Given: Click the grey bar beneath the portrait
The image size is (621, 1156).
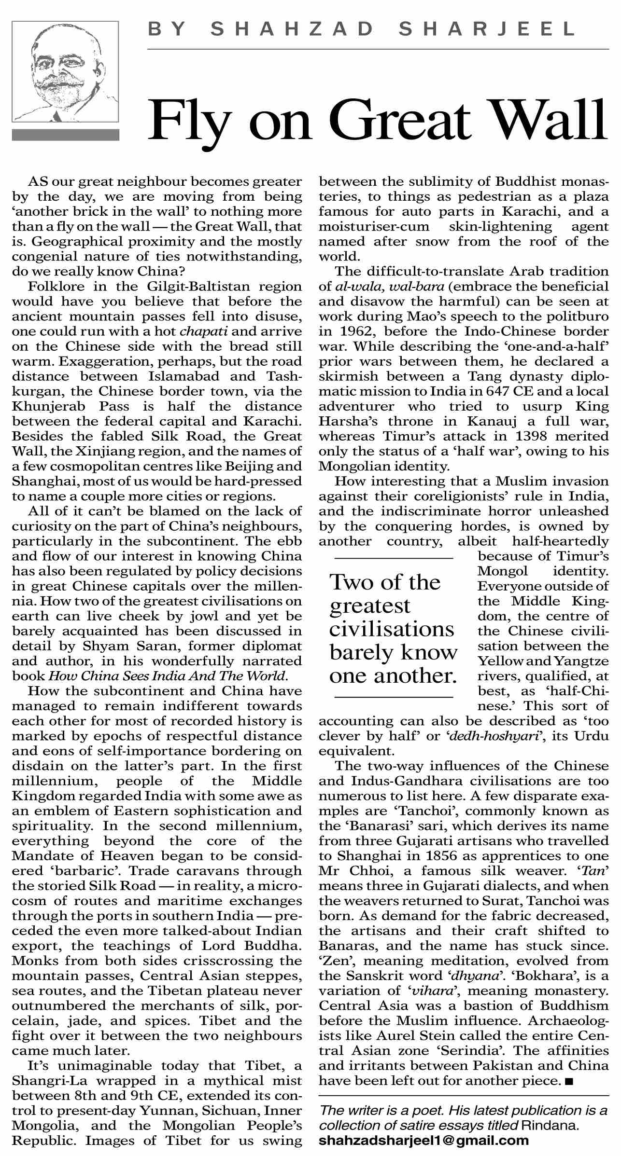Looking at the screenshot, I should point(65,135).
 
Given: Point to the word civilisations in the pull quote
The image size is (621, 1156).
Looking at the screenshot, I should point(392,630).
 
